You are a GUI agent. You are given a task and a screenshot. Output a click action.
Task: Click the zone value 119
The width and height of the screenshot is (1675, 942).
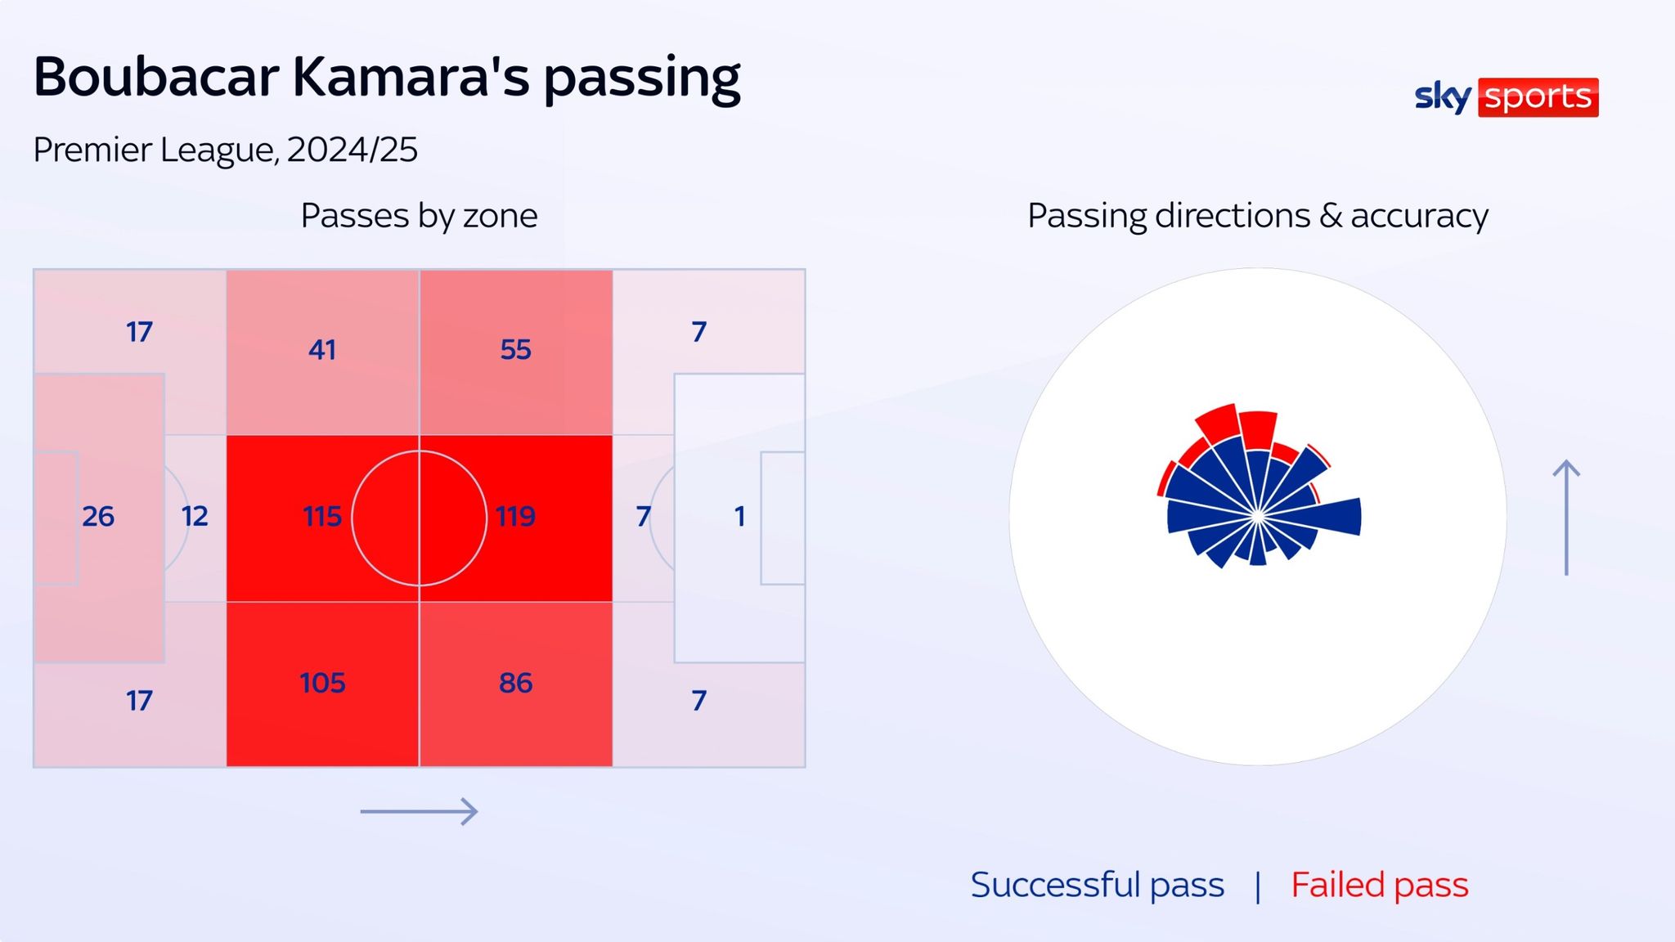click(515, 517)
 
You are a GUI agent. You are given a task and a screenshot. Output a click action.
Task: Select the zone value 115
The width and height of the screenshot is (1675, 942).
click(322, 517)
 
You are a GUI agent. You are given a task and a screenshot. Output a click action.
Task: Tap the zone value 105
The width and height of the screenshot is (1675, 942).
click(322, 683)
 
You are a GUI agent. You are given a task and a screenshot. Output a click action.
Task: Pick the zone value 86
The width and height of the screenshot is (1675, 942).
click(515, 683)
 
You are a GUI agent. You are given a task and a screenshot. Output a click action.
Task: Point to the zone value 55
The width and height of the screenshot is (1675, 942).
click(515, 350)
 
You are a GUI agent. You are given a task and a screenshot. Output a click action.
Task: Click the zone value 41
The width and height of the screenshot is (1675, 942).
click(322, 350)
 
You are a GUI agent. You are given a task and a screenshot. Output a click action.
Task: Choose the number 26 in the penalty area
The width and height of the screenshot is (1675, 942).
click(98, 517)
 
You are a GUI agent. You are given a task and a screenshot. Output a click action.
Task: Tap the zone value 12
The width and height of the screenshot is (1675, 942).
click(195, 517)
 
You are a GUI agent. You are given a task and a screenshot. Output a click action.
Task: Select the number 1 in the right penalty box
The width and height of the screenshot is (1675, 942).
click(739, 517)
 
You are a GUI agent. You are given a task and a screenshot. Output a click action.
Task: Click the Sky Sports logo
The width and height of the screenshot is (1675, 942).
click(1506, 97)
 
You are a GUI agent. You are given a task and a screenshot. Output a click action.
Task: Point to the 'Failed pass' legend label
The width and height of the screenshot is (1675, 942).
click(1379, 885)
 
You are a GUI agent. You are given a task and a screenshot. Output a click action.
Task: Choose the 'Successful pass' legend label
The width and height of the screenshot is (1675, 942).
click(1097, 885)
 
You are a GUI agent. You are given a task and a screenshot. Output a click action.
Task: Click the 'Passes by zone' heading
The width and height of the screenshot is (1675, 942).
click(419, 216)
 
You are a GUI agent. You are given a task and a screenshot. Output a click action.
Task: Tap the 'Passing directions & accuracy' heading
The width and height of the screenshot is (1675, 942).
click(1257, 216)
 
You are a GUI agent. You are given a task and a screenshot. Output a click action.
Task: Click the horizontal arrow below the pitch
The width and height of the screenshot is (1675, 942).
click(419, 811)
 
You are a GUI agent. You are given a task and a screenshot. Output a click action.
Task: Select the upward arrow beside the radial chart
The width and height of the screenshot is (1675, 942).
click(1566, 517)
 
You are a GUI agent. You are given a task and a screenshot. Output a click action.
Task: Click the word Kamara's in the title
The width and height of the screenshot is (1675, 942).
click(411, 78)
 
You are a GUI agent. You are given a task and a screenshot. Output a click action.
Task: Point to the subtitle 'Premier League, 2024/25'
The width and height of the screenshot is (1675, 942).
click(225, 150)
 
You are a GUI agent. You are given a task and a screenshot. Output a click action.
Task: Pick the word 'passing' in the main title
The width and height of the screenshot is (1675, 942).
click(642, 79)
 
